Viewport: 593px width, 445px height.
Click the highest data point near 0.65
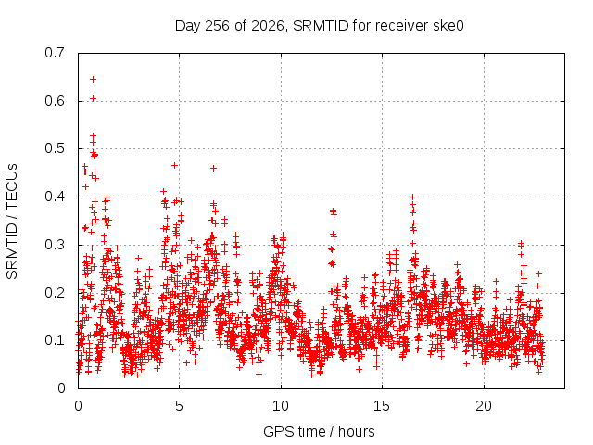(x=93, y=79)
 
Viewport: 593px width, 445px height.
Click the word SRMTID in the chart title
(x=321, y=26)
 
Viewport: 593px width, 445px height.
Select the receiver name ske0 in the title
(x=449, y=26)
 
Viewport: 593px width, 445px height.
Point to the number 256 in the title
(x=217, y=26)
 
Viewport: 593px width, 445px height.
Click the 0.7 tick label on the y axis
(x=55, y=53)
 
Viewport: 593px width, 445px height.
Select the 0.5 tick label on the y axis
(x=55, y=148)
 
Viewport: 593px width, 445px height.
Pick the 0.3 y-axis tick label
(x=55, y=245)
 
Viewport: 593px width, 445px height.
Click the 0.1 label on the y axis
(x=55, y=340)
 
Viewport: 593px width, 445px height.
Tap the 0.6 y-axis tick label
(x=55, y=101)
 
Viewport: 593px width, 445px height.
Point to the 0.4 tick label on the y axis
(x=55, y=197)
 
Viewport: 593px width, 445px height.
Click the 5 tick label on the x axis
(x=179, y=406)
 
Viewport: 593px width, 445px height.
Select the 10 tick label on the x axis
(x=281, y=406)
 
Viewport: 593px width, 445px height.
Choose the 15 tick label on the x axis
(x=382, y=406)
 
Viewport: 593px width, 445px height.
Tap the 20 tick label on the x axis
(x=484, y=406)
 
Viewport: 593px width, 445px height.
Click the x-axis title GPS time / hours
(x=319, y=431)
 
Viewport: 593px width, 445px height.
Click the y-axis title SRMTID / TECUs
(x=12, y=222)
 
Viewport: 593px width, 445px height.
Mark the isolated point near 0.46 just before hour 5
(x=174, y=165)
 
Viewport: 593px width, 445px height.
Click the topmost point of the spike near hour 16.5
(x=413, y=197)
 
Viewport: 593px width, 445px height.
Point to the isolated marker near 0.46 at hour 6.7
(x=213, y=168)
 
